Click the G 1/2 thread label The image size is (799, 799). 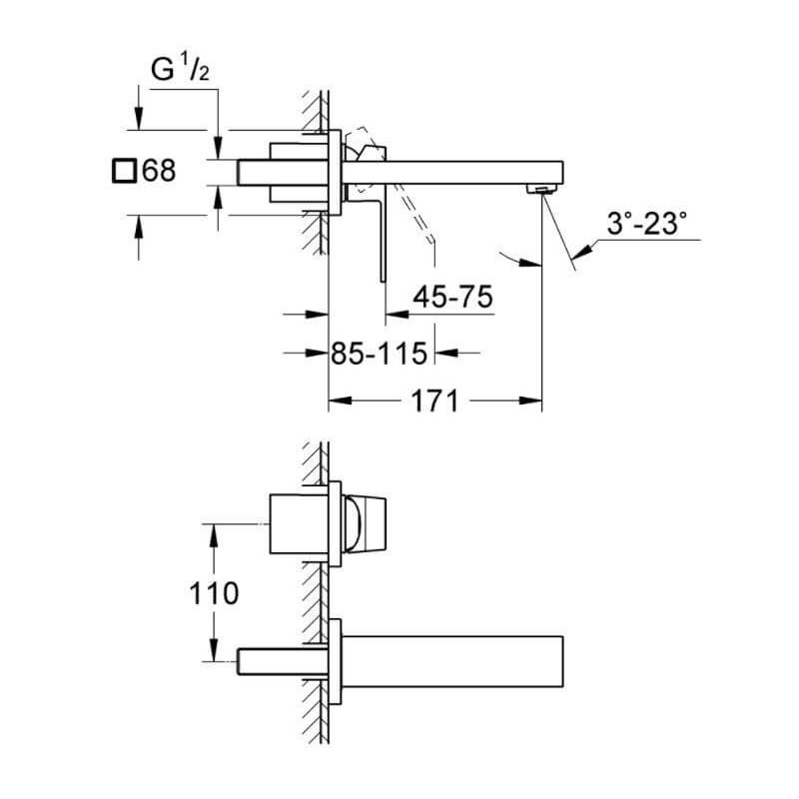click(x=180, y=69)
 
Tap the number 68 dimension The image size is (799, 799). click(x=159, y=170)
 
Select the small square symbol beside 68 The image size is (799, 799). click(x=124, y=170)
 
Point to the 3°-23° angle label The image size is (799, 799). click(x=646, y=224)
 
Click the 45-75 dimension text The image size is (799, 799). click(x=453, y=297)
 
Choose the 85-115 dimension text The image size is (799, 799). click(x=380, y=354)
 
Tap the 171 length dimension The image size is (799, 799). click(x=434, y=400)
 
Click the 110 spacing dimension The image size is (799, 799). click(x=214, y=593)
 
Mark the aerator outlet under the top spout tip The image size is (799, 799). click(x=541, y=190)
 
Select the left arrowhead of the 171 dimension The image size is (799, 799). click(x=340, y=400)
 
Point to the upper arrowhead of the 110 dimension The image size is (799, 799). click(x=214, y=535)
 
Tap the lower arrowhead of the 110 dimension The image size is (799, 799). click(x=214, y=650)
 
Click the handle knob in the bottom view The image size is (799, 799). click(x=365, y=523)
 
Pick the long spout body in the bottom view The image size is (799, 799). click(x=452, y=661)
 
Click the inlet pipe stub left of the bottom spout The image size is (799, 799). click(x=283, y=661)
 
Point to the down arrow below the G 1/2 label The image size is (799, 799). click(x=218, y=148)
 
